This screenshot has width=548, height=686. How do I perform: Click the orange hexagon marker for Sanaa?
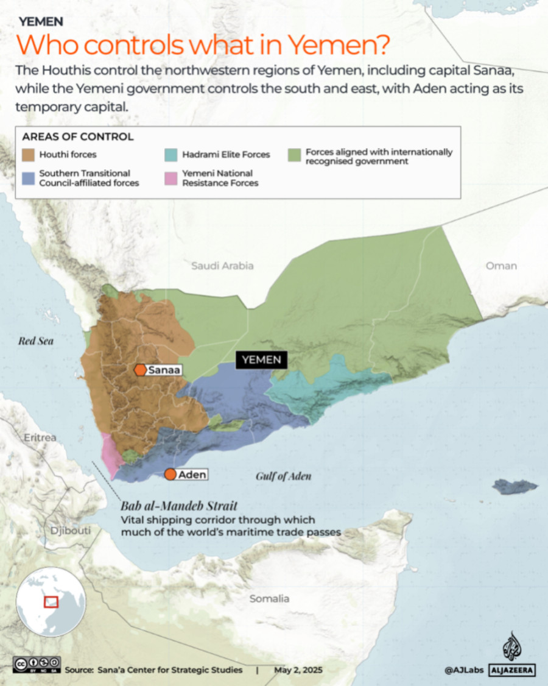click(141, 370)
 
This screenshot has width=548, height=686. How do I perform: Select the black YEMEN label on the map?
click(262, 359)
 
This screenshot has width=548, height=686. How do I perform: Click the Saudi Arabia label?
click(222, 266)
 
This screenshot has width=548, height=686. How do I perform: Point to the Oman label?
click(501, 266)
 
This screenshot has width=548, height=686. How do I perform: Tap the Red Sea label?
click(36, 341)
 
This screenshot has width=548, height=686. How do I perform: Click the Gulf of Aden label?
click(283, 476)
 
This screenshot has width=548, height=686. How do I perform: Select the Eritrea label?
click(40, 437)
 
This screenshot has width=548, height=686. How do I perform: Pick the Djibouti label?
click(71, 531)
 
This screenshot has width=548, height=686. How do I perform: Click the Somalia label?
click(269, 598)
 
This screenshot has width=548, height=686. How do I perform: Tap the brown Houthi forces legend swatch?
click(29, 155)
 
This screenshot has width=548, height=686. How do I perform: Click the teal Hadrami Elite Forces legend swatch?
click(172, 155)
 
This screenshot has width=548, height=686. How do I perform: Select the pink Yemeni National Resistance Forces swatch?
click(172, 178)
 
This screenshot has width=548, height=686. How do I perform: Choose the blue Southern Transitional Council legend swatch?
click(29, 178)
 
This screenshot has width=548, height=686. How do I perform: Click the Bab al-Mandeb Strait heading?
click(178, 506)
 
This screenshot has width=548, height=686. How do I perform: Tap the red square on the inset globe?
click(51, 601)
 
